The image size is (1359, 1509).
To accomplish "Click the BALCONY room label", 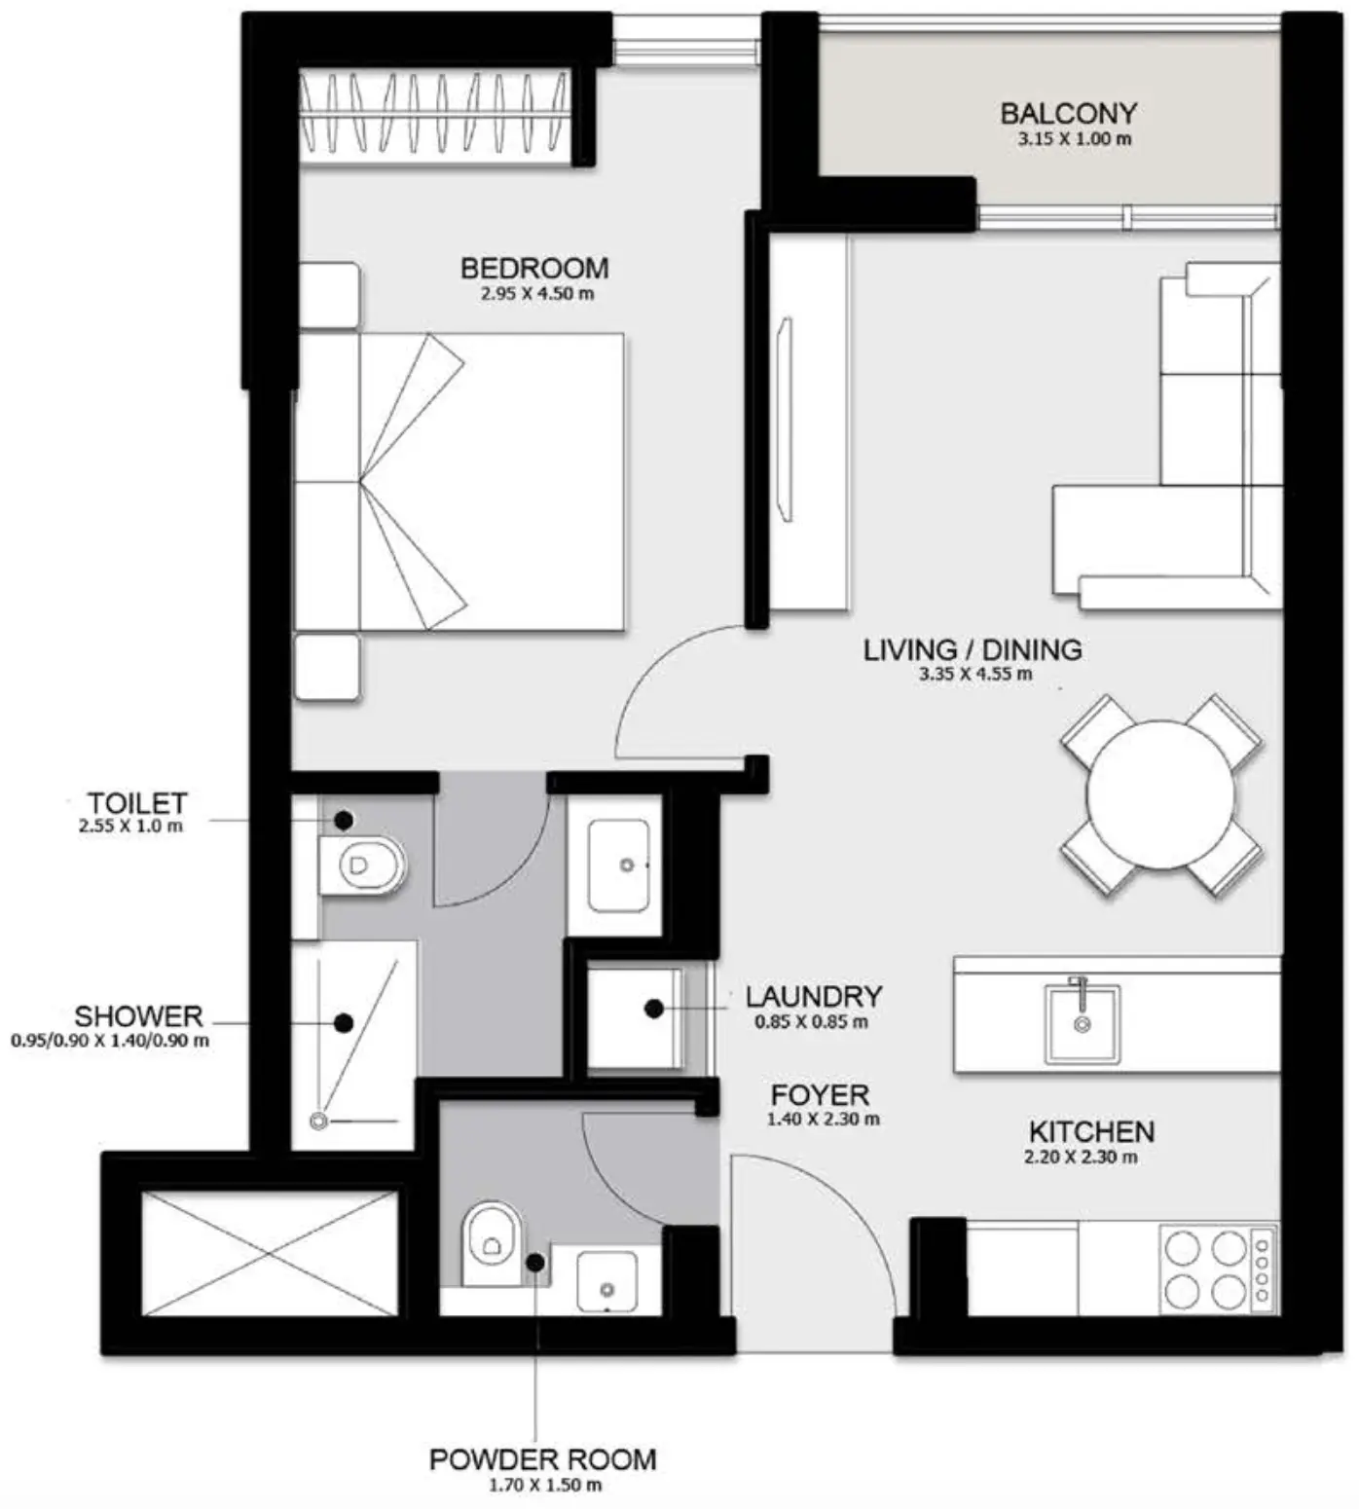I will (x=1068, y=113).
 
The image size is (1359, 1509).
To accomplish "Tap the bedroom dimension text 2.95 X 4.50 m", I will (x=536, y=293).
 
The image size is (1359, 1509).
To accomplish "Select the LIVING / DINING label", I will (x=972, y=649).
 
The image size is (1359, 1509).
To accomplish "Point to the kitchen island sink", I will (x=1082, y=1021).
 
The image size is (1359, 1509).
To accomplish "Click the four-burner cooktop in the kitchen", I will (x=1205, y=1269).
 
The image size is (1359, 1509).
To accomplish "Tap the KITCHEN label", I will (x=1091, y=1131).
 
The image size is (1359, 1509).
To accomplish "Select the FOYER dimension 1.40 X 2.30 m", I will (x=823, y=1120).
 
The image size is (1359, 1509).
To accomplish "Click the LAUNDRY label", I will (x=814, y=996).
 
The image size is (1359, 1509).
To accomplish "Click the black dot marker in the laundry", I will (x=654, y=1009).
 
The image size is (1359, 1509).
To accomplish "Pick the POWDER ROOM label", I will (x=542, y=1459).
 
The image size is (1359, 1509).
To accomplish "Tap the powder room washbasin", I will (x=606, y=1281).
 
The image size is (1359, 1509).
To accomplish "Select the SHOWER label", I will (x=138, y=1016).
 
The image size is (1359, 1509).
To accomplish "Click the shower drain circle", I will (x=317, y=1122).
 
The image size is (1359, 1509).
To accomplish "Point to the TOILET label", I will (x=136, y=803).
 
